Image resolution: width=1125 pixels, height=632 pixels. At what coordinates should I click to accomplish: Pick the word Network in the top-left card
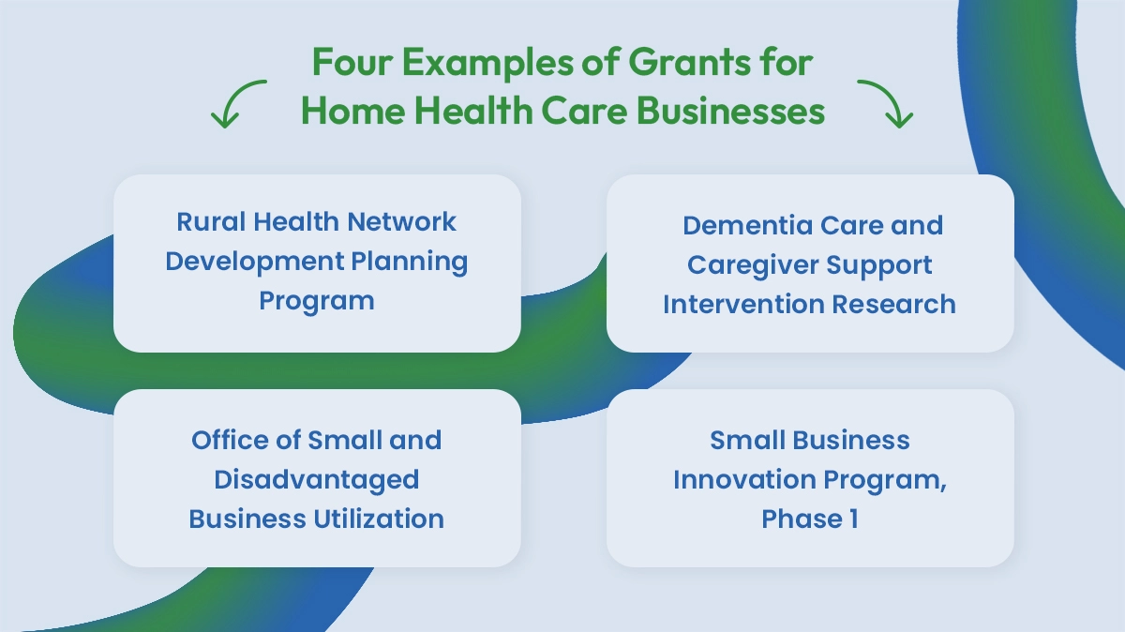click(402, 222)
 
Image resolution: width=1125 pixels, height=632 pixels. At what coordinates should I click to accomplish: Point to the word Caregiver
click(753, 265)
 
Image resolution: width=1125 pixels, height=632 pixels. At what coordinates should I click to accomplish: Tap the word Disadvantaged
click(317, 479)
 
